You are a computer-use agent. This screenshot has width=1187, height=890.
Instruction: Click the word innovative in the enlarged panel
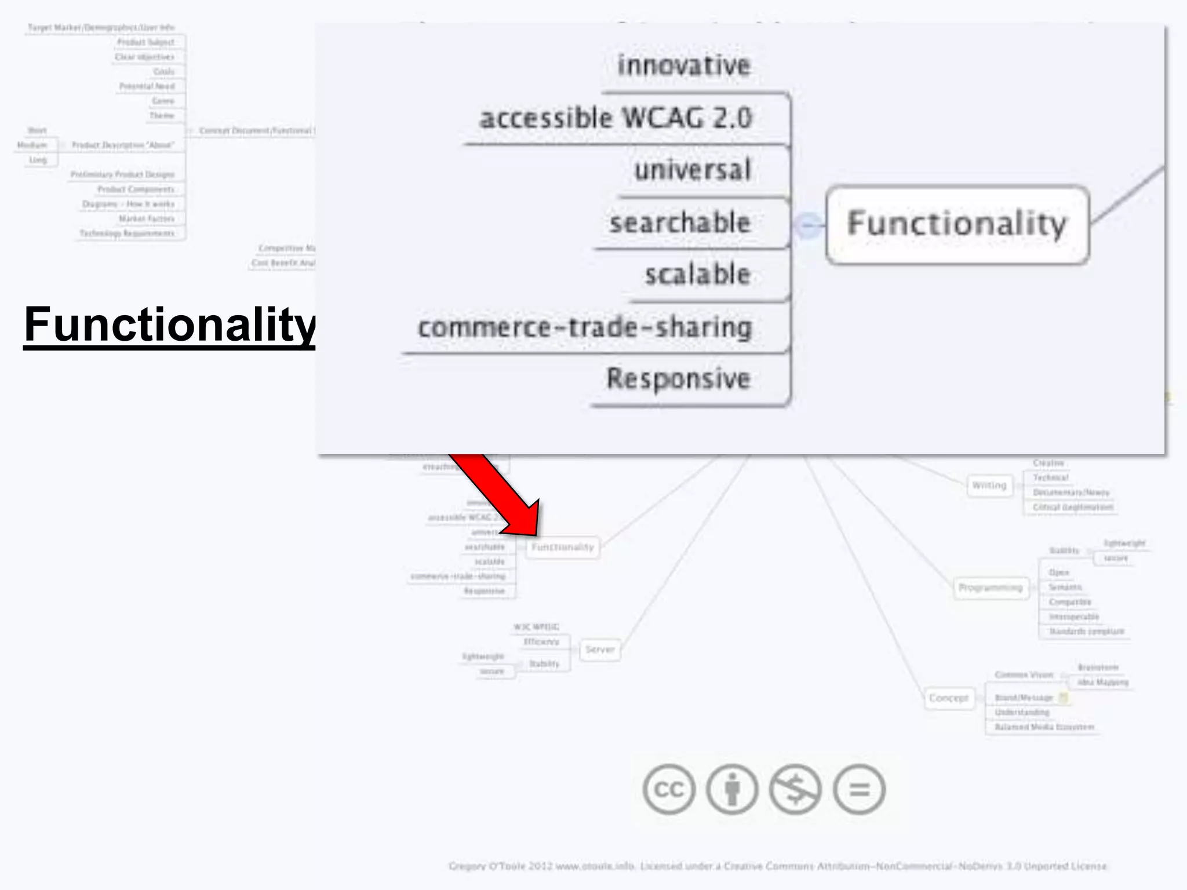coord(684,65)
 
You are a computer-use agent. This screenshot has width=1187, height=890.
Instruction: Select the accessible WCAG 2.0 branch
coord(616,118)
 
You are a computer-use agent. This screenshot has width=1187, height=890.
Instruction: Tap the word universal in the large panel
coord(693,170)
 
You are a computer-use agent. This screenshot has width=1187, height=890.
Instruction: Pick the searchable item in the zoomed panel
coord(680,222)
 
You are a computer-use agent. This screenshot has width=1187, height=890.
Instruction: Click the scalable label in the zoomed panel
coord(698,275)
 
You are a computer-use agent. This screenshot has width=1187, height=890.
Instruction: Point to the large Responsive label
coord(679,379)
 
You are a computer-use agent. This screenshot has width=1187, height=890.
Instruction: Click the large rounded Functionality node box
coord(957,225)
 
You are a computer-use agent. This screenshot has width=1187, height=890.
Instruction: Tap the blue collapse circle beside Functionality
coord(808,225)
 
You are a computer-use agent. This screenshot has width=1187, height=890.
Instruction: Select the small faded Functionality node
coord(563,547)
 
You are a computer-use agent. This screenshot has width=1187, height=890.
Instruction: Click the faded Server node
coord(599,650)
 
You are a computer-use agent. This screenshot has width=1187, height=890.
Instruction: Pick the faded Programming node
coord(991,588)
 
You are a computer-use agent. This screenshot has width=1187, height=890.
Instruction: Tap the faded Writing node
coord(989,486)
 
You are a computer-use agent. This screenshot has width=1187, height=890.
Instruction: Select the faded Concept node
coord(949,698)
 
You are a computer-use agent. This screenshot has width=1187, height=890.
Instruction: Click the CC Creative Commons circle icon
coord(669,789)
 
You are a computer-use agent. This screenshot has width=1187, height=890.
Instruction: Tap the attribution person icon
coord(732,789)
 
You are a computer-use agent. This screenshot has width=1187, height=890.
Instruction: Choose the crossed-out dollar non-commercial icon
coord(795,789)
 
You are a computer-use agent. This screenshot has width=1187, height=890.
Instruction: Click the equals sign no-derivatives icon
coord(859,789)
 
